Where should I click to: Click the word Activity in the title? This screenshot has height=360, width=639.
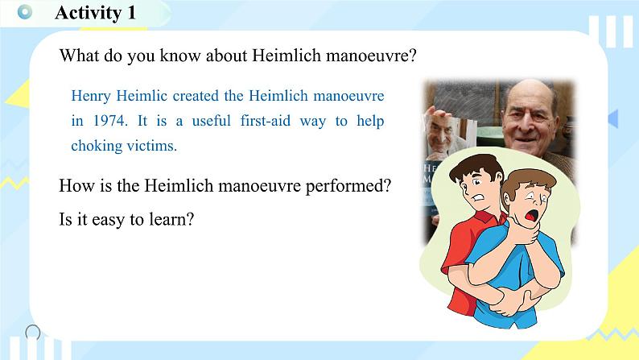[x=88, y=13]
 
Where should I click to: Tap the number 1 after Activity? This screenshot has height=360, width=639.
[x=131, y=12]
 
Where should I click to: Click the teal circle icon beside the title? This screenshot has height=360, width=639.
[x=25, y=12]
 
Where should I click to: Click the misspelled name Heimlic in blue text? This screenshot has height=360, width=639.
[x=142, y=96]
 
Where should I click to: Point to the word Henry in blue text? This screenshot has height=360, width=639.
[x=91, y=97]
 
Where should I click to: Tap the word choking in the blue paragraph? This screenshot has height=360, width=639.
[x=97, y=146]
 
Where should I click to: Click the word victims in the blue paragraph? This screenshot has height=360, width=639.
[x=151, y=146]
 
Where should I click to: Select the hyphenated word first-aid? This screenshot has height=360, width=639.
[x=266, y=121]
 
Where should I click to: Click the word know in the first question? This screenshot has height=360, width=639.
[x=180, y=56]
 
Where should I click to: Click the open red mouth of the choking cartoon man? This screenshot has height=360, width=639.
[x=531, y=215]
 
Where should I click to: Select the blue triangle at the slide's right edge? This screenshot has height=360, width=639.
[x=613, y=118]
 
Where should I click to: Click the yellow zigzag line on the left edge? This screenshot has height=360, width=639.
[x=14, y=183]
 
